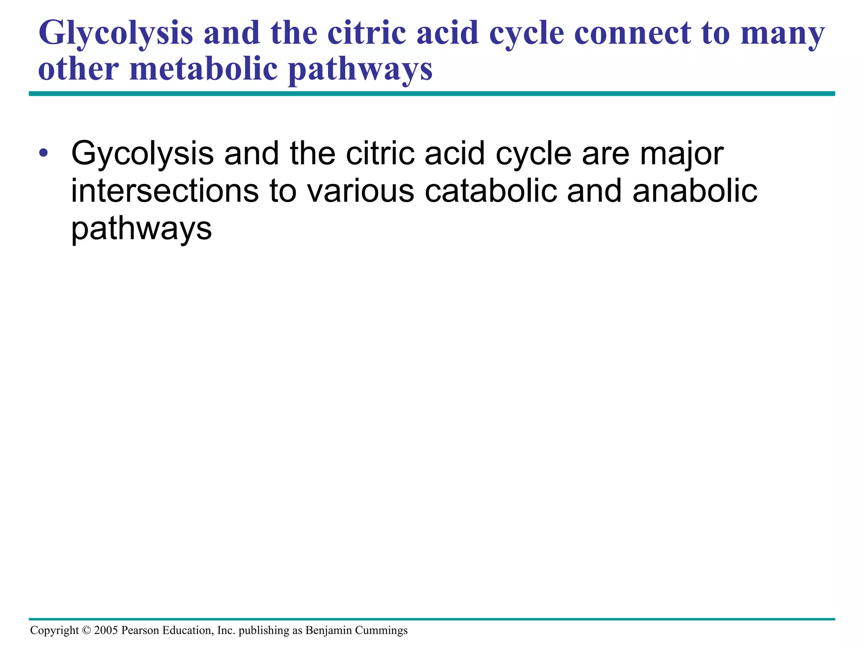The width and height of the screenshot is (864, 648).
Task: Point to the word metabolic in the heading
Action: pos(203,69)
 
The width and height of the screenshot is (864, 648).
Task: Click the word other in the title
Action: pos(78,69)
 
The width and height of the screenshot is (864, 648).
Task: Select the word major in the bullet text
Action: pos(681,154)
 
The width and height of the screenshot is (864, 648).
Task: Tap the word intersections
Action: pos(165,191)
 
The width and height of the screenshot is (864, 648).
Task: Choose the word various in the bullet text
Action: pos(361,191)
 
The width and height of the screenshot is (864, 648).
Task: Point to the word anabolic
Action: pos(695,191)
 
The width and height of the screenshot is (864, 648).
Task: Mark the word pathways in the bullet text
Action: pos(141,229)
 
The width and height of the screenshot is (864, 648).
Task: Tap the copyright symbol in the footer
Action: pos(86,631)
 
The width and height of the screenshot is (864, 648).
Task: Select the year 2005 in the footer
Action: pos(106,631)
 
